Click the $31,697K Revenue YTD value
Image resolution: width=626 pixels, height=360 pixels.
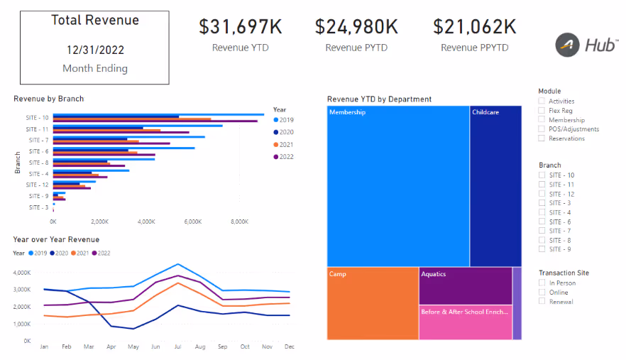click(x=240, y=27)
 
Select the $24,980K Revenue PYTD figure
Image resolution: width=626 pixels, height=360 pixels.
click(x=356, y=27)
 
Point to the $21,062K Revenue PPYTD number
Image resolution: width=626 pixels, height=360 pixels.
click(x=474, y=27)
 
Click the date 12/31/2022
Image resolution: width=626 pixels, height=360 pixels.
click(x=94, y=50)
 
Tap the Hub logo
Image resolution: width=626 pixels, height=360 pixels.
click(x=586, y=45)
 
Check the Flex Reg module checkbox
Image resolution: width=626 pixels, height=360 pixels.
click(x=542, y=111)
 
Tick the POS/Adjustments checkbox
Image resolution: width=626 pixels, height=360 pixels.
click(x=542, y=129)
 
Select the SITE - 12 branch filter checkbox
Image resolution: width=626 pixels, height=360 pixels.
click(x=542, y=194)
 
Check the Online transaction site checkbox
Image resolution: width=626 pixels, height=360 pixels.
click(x=542, y=293)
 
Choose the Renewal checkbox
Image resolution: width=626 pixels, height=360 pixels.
click(x=542, y=302)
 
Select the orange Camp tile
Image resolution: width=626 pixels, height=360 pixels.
click(x=373, y=303)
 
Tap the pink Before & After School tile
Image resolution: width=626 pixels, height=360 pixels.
click(x=465, y=322)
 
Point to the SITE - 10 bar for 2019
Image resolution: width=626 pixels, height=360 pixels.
click(x=158, y=114)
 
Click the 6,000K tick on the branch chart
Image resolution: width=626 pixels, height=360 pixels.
click(x=193, y=222)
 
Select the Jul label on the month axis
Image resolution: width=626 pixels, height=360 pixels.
click(x=177, y=347)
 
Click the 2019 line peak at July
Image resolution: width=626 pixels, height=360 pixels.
click(x=177, y=264)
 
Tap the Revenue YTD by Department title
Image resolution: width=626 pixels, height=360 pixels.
click(x=379, y=99)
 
